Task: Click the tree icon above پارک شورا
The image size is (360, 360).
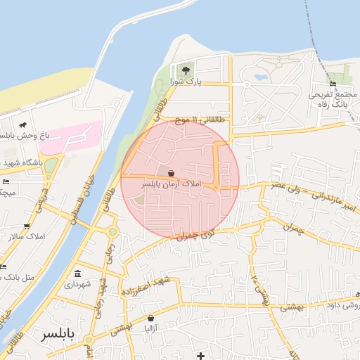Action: coord(186,70)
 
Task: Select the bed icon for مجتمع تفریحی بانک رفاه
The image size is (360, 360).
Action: coord(332,84)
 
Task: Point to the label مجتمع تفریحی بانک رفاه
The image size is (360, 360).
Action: coord(329,99)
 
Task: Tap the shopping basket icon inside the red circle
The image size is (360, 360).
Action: coord(172,173)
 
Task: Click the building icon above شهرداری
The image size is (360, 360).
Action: coord(77,274)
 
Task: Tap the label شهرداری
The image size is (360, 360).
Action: coord(77,285)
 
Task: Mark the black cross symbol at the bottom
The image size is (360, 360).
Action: coord(201,355)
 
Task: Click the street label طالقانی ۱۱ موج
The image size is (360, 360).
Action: coord(200,120)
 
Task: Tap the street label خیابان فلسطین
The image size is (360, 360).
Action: coord(83,201)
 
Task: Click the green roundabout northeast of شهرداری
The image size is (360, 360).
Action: coord(112,231)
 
